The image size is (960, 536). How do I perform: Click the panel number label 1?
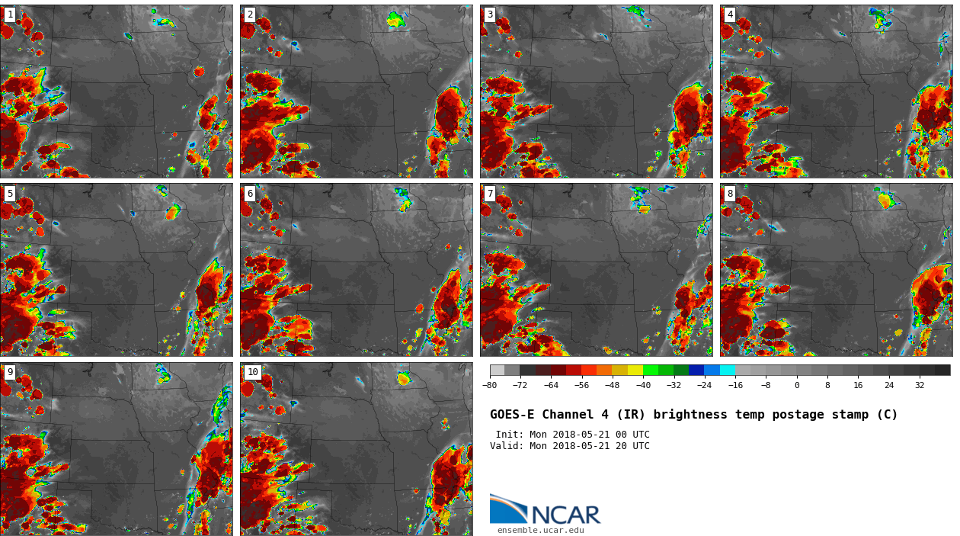10,14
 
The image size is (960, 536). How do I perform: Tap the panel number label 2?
250,14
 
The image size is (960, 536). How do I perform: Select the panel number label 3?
490,14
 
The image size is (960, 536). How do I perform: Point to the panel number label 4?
730,14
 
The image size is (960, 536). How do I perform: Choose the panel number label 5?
10,194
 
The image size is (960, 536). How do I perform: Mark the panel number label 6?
250,194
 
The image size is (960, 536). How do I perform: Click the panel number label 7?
490,194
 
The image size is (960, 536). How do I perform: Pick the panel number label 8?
730,194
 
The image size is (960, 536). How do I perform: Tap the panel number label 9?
10,372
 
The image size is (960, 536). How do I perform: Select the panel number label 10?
252,372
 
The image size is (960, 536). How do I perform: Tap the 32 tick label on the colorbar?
920,386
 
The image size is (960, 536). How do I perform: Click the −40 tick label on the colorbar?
643,386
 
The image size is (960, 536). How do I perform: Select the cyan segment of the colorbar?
728,370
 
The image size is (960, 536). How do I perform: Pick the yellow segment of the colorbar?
635,370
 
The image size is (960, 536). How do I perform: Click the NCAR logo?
545,511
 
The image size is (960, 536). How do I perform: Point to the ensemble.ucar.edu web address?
540,531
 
